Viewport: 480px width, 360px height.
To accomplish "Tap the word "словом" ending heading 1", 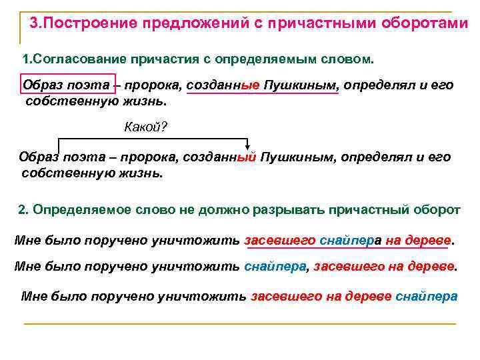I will (x=349, y=59).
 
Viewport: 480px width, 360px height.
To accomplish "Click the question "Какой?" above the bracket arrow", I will (x=145, y=127).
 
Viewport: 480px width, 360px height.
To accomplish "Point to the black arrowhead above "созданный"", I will (x=248, y=148).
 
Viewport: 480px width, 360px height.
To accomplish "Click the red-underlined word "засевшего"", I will (x=280, y=240).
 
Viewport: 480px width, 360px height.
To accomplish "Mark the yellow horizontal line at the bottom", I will (x=240, y=324).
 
